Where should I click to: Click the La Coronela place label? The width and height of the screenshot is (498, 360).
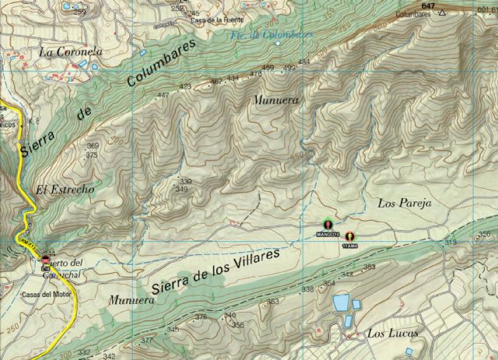71,52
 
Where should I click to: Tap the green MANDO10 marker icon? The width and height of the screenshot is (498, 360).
328,225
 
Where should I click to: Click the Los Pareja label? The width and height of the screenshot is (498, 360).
404,203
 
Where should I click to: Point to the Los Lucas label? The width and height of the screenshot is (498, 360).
391,334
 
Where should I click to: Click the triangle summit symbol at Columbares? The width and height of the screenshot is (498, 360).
443,13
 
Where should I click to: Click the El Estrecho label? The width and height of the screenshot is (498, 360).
65,190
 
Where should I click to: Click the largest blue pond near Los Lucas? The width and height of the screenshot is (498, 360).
341,302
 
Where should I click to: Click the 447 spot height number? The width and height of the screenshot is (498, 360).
163,96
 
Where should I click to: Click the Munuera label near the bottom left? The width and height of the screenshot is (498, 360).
127,299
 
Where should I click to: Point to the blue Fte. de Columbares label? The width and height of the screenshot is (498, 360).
262,36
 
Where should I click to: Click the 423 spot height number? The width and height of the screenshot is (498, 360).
185,86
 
